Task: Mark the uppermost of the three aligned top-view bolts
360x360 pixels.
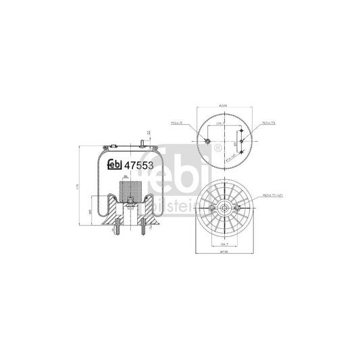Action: point(241,130)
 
